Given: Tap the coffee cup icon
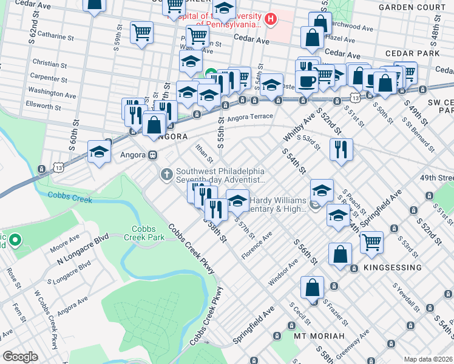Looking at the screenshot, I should coord(307,81).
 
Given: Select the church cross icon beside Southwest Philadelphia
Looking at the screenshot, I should coord(167,175).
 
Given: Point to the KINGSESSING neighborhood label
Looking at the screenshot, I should coord(392,268).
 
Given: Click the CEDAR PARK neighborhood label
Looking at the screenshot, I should coord(416,53).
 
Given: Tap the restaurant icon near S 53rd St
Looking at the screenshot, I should coord(341,149).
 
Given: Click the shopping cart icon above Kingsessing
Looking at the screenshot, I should coord(371,242).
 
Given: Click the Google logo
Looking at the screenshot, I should coord(20,357).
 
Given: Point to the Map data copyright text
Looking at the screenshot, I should coord(427,359).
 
